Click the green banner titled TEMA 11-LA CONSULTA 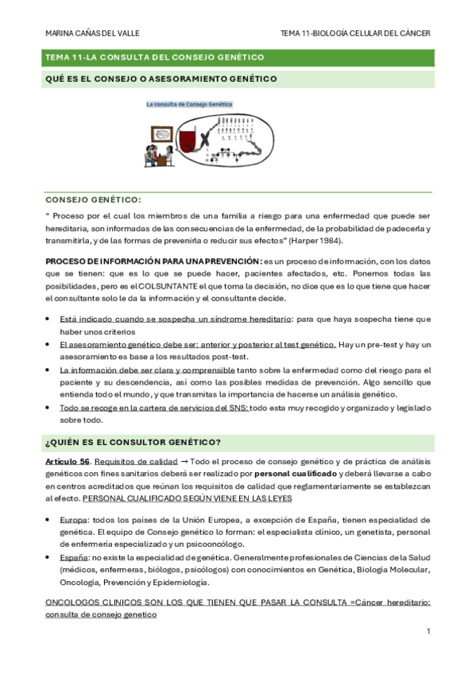click(238, 58)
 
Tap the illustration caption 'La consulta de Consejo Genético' click(188, 104)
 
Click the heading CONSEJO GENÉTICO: click(94, 200)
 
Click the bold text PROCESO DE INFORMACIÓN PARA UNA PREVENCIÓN click(151, 261)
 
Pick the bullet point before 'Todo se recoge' click(49, 409)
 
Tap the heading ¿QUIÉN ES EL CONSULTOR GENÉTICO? click(134, 442)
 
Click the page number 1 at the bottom click(428, 631)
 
